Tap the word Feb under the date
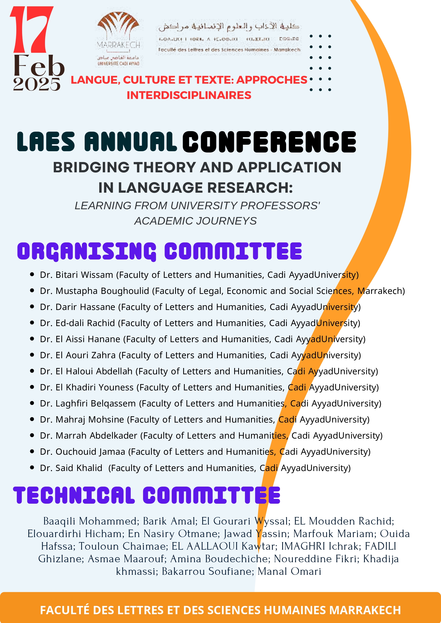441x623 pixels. [x=39, y=66]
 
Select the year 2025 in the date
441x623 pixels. [x=37, y=84]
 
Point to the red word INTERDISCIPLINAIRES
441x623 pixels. [x=189, y=95]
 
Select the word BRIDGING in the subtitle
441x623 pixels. [x=91, y=167]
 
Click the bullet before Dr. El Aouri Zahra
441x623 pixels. [x=32, y=355]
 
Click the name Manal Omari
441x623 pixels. [x=289, y=572]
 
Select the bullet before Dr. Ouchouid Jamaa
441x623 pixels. [x=32, y=451]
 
